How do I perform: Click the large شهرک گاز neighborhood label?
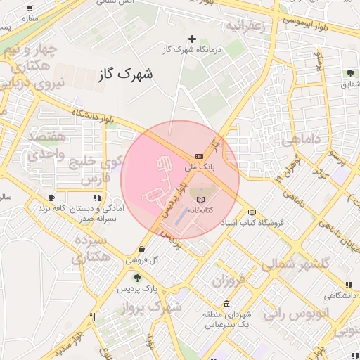tap(127, 73)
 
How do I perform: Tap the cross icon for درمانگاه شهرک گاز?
tap(192, 39)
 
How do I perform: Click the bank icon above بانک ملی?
tap(200, 155)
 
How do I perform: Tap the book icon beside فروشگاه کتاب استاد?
tap(252, 212)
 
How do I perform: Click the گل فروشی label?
tap(143, 259)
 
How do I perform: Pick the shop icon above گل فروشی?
tap(143, 249)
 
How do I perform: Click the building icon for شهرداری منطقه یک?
tap(226, 304)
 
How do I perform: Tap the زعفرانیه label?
tap(244, 25)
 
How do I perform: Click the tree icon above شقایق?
tap(350, 73)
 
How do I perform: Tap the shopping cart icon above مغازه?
tap(29, 9)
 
